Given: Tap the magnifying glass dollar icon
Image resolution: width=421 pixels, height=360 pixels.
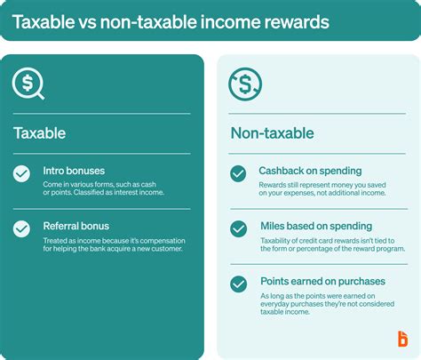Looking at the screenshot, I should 28,84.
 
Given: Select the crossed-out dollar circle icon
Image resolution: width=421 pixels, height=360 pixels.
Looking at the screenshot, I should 245,85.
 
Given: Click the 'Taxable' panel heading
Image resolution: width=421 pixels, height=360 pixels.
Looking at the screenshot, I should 39,133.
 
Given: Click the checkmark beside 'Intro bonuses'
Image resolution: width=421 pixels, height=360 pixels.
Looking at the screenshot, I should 21,174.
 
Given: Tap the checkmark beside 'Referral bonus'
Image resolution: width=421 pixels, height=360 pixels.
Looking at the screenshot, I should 21,228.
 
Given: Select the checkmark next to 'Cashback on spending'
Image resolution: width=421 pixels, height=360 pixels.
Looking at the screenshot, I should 238,174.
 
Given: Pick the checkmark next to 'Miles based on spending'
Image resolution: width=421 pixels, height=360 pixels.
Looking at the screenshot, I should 238,228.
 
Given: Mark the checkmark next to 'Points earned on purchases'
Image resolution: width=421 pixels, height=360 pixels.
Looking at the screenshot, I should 238,284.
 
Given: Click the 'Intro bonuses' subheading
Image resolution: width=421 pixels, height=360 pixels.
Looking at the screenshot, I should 74,170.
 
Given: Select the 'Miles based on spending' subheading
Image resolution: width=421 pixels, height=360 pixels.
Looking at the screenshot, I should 315,226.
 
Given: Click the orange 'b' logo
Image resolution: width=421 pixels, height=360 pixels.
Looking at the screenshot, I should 402,339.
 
